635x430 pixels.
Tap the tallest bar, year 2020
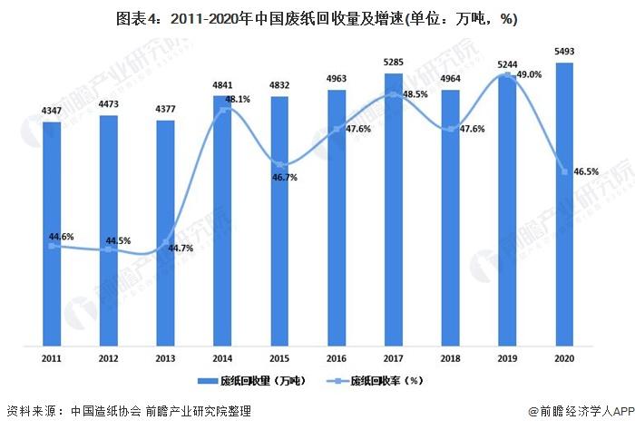[564, 203]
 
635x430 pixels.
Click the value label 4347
[52, 110]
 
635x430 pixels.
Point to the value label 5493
[564, 52]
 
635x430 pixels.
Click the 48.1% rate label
[238, 99]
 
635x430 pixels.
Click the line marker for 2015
[279, 163]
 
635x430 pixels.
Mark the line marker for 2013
[166, 244]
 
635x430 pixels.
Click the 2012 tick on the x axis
[109, 358]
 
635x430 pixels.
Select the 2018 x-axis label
[451, 358]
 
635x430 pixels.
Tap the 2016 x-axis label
[337, 358]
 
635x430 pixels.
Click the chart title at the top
[317, 16]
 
